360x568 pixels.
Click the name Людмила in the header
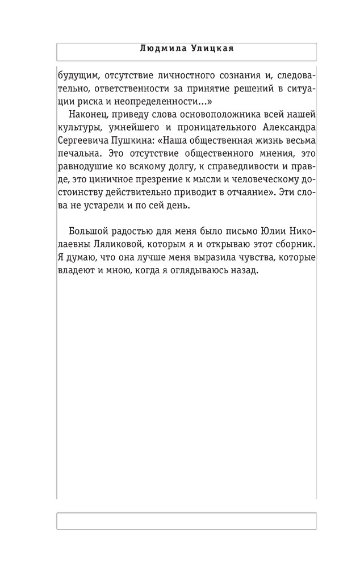[160, 49]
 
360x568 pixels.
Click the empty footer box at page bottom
[186, 520]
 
